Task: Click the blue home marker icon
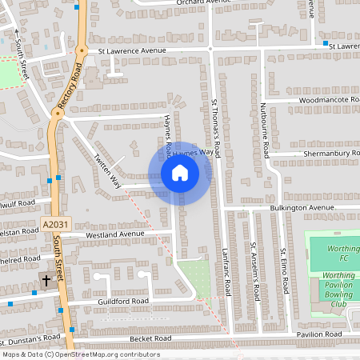(180, 173)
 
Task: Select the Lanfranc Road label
(226, 271)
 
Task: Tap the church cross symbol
(46, 281)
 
